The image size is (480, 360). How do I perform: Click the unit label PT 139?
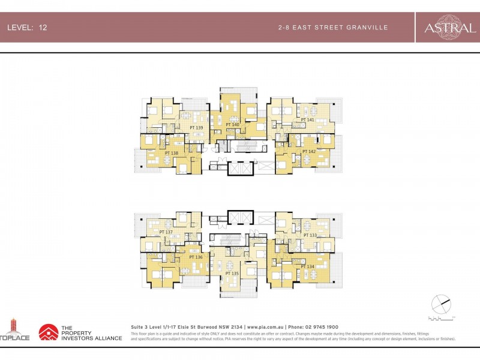point(196,128)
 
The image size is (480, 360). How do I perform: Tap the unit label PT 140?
point(232,125)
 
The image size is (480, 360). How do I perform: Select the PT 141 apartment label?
point(308,120)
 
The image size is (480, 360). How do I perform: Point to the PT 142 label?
point(308,152)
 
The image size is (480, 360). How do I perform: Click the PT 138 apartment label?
point(171,153)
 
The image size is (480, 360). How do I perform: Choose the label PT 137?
point(166,232)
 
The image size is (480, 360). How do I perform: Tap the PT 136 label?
point(196,257)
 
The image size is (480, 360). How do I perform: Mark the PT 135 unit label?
point(232,273)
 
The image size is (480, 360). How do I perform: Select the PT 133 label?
point(310,235)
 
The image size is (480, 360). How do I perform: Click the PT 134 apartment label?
point(307,266)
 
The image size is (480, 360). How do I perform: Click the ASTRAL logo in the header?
point(446,28)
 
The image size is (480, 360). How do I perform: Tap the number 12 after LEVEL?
point(43,28)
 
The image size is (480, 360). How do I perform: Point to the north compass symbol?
point(440,304)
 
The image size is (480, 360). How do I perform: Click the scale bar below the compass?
point(441,317)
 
